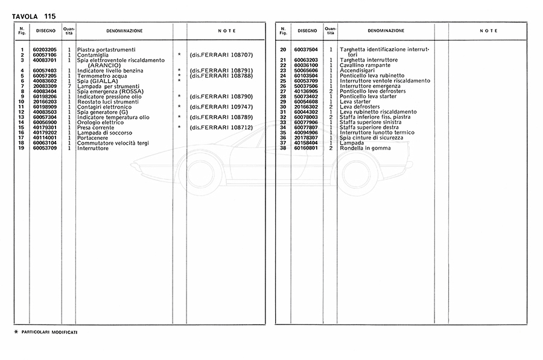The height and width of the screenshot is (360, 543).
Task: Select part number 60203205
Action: (45, 49)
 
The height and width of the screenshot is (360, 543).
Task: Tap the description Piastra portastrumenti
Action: (106, 49)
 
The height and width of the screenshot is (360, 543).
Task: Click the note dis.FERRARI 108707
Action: (221, 55)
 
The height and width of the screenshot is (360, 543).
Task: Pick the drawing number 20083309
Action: (45, 86)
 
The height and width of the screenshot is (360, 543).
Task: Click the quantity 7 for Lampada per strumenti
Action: (69, 86)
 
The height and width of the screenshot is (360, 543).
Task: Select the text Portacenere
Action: (92, 137)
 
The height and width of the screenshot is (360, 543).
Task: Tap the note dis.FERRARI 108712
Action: (221, 127)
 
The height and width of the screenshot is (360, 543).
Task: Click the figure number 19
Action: (21, 148)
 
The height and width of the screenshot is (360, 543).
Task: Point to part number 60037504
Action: (306, 49)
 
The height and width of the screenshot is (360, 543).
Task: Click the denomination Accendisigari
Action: (360, 71)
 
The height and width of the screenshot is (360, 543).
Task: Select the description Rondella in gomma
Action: (365, 148)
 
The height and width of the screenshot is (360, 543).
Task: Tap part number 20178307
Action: (306, 137)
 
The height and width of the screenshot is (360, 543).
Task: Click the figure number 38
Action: (282, 148)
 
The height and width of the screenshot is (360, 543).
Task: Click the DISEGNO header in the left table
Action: (45, 30)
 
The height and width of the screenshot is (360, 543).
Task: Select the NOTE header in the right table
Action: (489, 30)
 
